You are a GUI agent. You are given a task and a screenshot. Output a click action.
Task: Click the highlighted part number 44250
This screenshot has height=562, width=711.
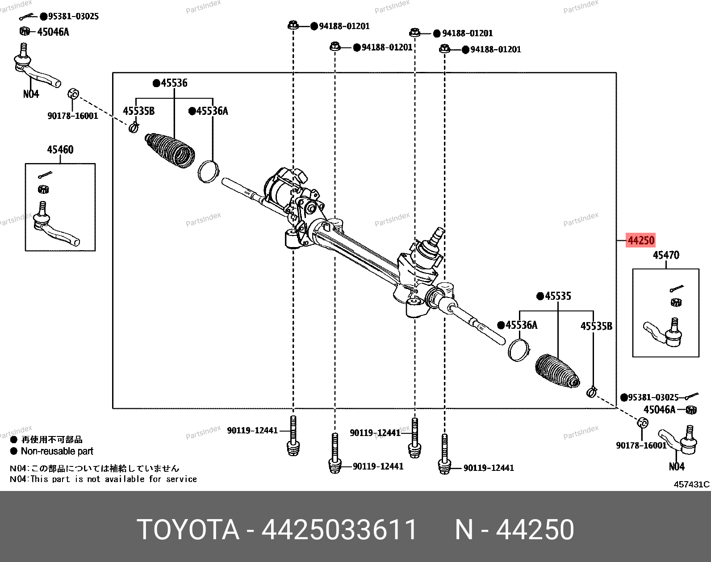pos(641,240)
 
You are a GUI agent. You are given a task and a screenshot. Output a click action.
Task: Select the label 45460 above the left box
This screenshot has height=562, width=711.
pos(60,150)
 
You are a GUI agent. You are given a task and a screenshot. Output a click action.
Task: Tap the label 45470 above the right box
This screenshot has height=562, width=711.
pos(665,255)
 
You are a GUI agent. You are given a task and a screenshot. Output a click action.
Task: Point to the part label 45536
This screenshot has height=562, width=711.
pos(174,83)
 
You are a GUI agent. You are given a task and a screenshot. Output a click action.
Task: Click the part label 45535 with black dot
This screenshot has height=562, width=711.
pos(557,296)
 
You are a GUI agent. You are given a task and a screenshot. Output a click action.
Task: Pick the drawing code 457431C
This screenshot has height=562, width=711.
pos(691,484)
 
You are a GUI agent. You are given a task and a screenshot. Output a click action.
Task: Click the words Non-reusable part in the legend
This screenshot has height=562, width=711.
pos(57,451)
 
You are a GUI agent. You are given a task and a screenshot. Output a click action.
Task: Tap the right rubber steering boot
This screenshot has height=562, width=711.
pos(557,371)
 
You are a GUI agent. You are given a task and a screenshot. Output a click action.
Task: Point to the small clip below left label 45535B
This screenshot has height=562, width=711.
pos(134,128)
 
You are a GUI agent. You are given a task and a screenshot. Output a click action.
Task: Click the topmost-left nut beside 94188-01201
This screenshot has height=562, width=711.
pos(293,25)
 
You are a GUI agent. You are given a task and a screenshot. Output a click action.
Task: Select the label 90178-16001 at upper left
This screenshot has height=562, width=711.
pos(73,116)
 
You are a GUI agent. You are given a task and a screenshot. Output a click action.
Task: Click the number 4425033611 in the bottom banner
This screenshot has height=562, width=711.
pos(339,530)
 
